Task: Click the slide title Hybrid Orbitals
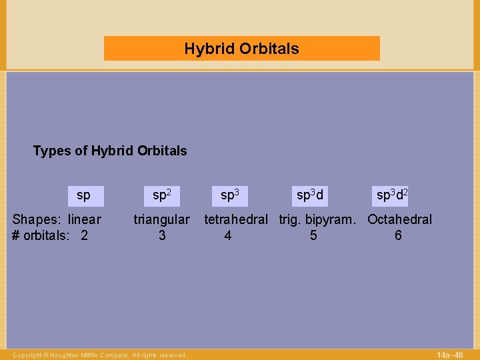click(x=241, y=49)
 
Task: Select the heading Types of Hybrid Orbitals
click(x=110, y=151)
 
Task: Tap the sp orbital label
click(x=83, y=196)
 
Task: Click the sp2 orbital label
click(x=162, y=196)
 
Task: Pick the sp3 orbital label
click(x=229, y=196)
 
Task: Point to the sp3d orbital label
click(x=310, y=196)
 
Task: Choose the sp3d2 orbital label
click(x=392, y=196)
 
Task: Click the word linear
click(x=85, y=219)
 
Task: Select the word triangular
click(x=161, y=219)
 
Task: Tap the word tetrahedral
click(x=236, y=219)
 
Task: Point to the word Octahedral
click(x=399, y=219)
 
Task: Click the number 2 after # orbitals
click(x=84, y=235)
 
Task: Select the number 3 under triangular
click(x=162, y=235)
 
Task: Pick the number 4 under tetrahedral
click(x=228, y=235)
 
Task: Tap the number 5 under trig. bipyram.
click(x=313, y=235)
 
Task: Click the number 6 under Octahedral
click(x=398, y=235)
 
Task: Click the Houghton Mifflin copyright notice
click(x=99, y=355)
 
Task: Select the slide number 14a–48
click(x=449, y=355)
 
